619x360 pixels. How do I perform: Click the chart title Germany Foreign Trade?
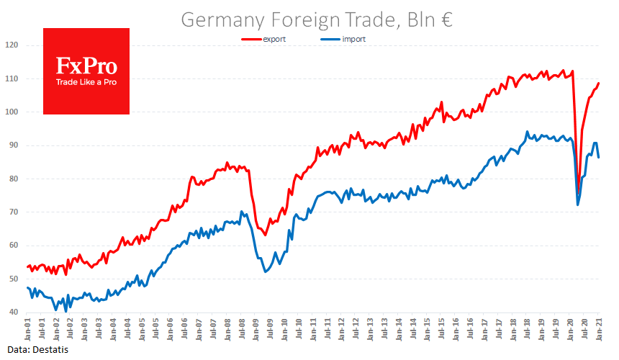316,19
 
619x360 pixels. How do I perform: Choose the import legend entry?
353,39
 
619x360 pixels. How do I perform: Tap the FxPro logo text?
86,67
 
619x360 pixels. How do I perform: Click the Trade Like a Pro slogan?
86,82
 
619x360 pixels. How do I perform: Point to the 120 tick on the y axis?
12,45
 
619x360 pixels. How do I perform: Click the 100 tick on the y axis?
12,112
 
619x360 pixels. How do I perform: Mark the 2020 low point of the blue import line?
578,205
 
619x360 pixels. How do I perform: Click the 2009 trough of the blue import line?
266,271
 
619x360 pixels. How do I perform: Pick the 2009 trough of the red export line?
266,235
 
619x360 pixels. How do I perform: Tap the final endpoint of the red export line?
599,84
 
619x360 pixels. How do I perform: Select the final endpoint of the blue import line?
599,157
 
